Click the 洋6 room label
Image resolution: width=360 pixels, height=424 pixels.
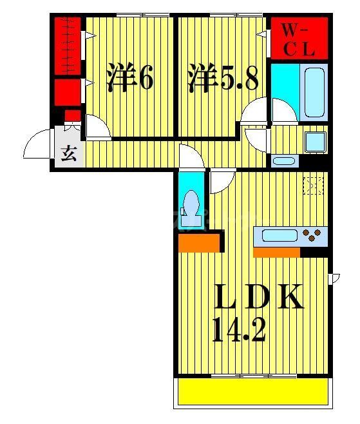[x=130, y=79]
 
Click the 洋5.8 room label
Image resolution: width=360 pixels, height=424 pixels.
[x=223, y=79]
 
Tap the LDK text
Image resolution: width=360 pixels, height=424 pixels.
[x=258, y=297]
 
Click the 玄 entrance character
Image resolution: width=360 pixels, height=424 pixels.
[x=68, y=155]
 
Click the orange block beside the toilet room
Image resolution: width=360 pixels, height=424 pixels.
[x=199, y=242]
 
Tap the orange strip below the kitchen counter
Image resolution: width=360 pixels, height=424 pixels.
[x=277, y=252]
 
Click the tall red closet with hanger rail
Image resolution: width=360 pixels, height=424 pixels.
[x=67, y=46]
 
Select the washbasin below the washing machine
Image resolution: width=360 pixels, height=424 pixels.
[x=283, y=161]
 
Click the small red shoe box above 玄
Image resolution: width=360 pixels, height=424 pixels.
[x=73, y=116]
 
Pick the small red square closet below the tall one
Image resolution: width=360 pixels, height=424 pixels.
[x=66, y=92]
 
